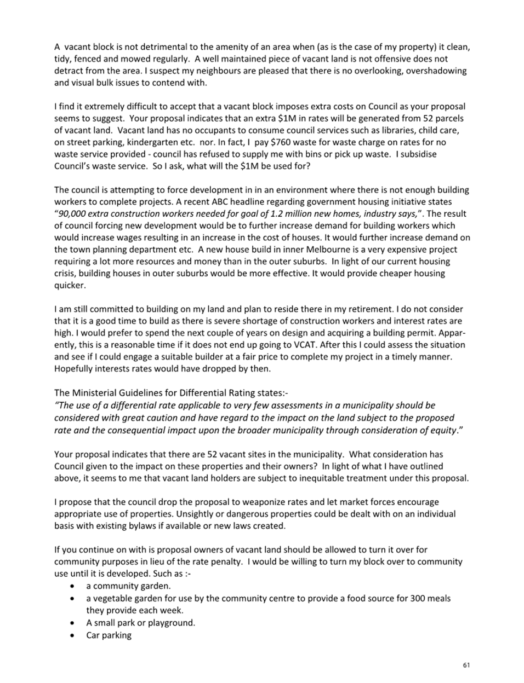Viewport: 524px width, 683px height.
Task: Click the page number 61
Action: (x=466, y=665)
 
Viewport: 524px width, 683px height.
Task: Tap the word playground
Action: (x=170, y=623)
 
